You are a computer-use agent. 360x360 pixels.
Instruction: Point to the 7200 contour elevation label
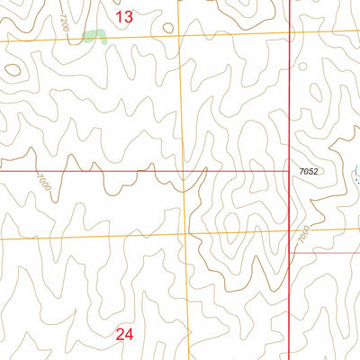(x=63, y=23)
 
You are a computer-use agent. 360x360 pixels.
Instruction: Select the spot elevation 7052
(x=310, y=170)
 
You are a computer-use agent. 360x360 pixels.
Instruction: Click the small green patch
(x=94, y=37)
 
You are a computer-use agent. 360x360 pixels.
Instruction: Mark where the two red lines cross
(x=289, y=170)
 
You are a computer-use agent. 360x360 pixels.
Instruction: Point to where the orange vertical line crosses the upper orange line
(x=179, y=35)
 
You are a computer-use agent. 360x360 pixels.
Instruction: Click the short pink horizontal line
(x=324, y=252)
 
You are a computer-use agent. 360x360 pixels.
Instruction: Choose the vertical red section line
(x=289, y=108)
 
